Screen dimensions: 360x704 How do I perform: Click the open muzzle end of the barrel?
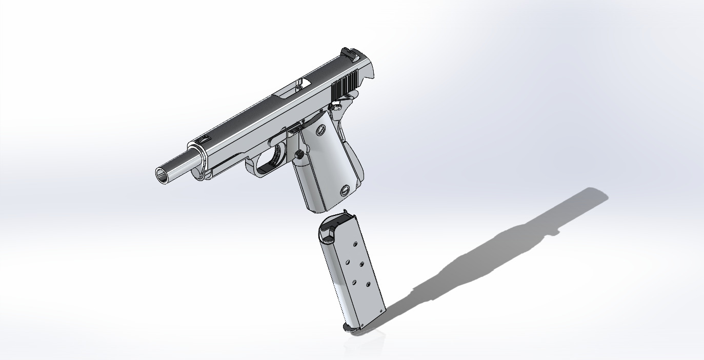click(163, 175)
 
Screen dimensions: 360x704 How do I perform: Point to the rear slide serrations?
click(345, 86)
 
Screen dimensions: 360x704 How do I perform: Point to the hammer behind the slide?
click(369, 74)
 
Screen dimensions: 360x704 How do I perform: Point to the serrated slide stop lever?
click(294, 130)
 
